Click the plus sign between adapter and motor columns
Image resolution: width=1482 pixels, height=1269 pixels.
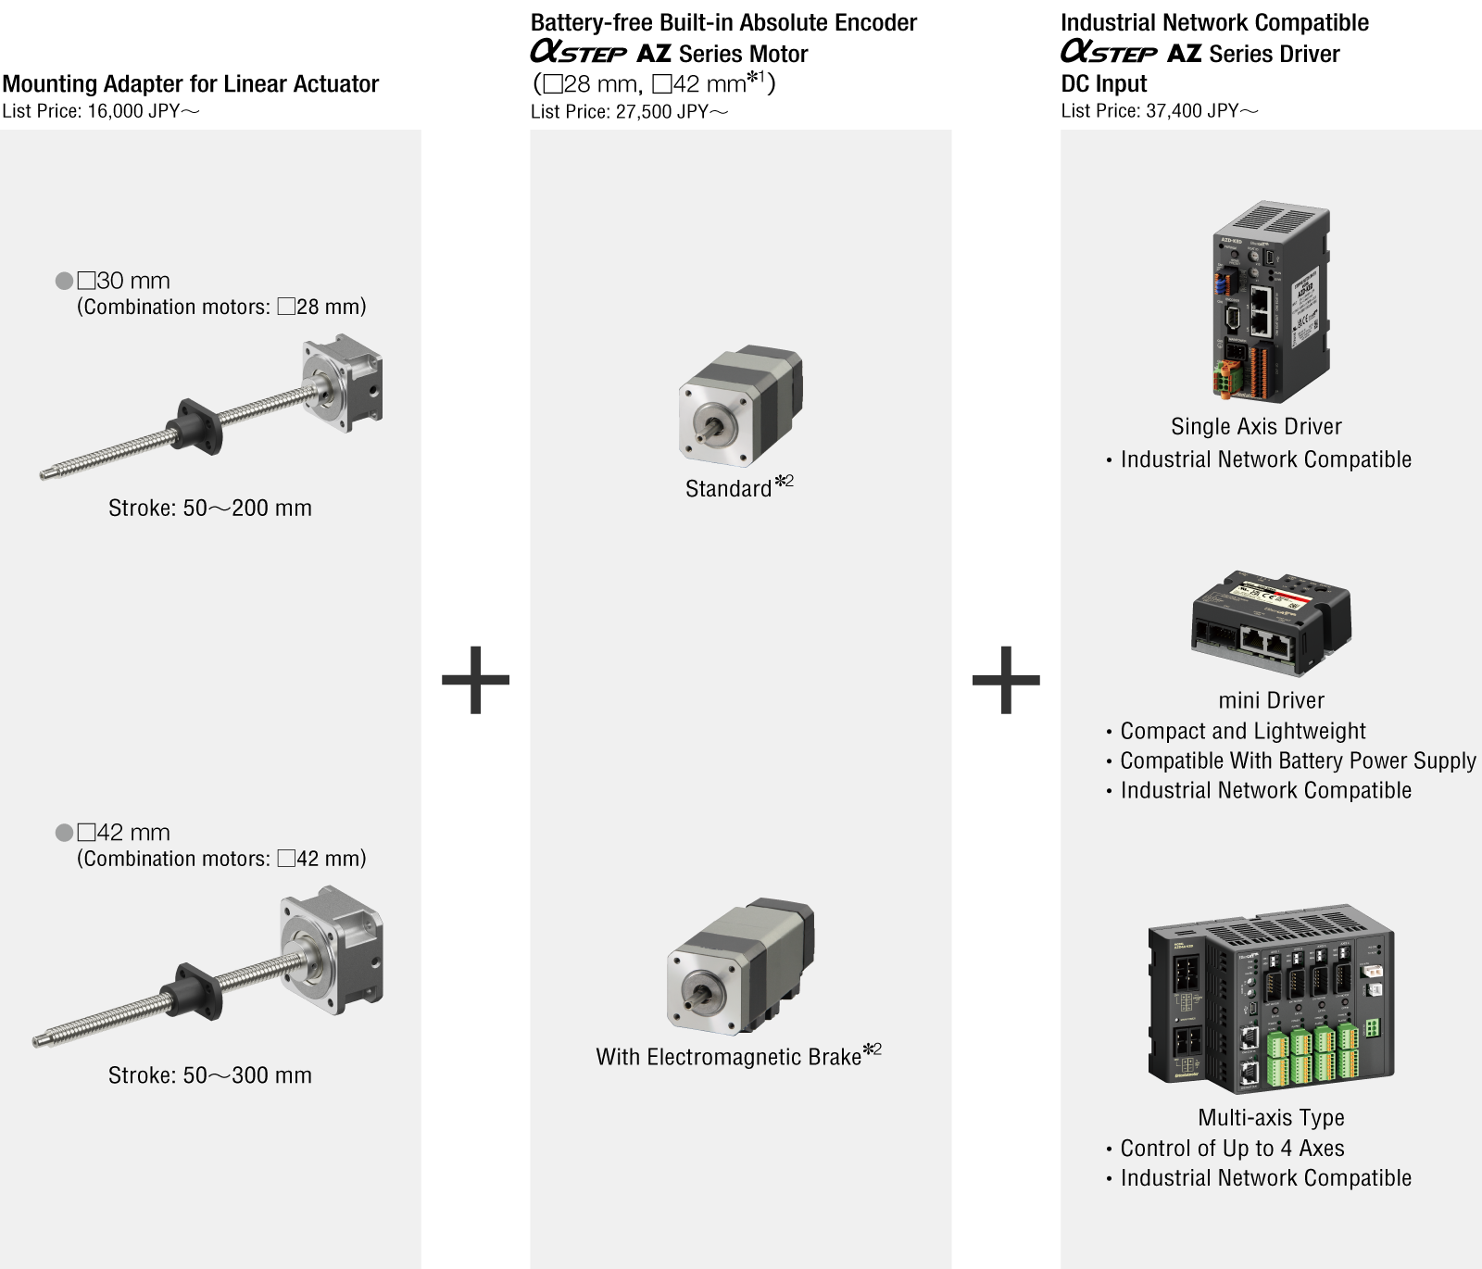[476, 680]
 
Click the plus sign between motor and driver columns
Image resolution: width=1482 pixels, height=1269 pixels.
[1006, 680]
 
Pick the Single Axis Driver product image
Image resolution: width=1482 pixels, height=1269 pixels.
[1271, 302]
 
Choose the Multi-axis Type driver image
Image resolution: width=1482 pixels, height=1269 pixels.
[1271, 1001]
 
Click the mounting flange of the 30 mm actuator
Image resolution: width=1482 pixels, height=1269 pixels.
[344, 385]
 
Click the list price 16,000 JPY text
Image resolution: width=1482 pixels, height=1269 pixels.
[101, 111]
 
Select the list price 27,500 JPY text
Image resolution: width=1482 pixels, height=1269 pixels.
[630, 112]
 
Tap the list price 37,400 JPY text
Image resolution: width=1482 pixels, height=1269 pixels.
[1160, 111]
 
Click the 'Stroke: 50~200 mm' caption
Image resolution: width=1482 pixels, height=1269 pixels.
[210, 508]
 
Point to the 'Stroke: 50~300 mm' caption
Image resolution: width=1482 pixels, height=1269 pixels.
[210, 1074]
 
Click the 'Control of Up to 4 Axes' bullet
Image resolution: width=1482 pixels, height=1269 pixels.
[1225, 1149]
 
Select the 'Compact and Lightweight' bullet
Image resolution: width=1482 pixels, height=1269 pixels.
[1236, 731]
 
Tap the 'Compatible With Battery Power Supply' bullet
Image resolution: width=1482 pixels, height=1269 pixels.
[1290, 760]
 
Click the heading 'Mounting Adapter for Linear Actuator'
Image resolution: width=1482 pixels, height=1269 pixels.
[191, 83]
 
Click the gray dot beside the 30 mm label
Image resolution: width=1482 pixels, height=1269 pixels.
[64, 281]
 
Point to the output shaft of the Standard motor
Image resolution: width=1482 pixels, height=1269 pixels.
[716, 428]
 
